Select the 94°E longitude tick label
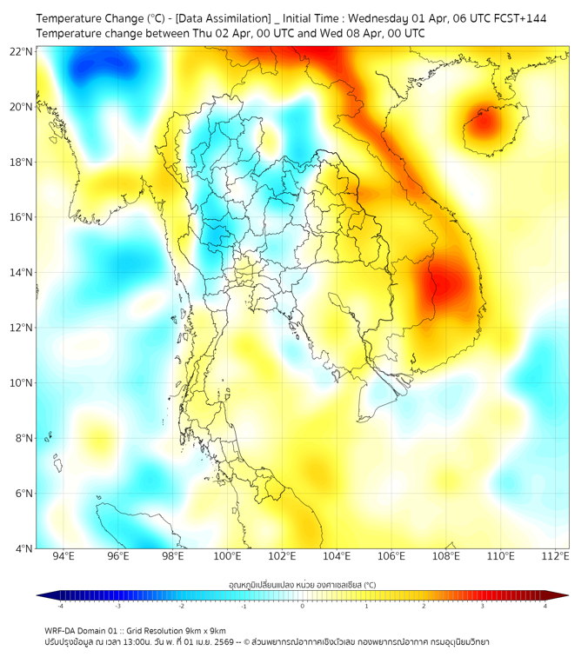click(63, 556)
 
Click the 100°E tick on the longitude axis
click(228, 556)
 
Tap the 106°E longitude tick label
click(392, 556)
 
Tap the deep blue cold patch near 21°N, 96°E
click(103, 64)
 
